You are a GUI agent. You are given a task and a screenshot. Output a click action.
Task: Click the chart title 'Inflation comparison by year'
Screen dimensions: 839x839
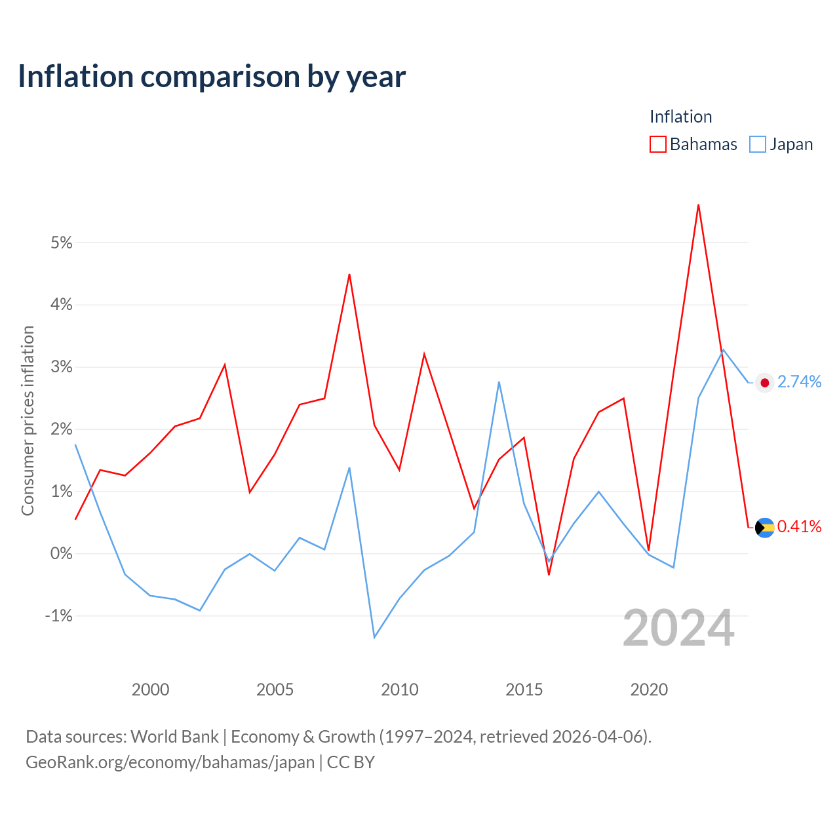click(x=212, y=77)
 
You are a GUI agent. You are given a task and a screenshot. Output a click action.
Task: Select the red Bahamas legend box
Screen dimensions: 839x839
click(x=657, y=144)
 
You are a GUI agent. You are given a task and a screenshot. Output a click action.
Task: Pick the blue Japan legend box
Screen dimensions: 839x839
click(x=757, y=144)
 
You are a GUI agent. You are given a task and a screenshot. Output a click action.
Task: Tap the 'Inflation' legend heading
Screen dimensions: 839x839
click(x=680, y=117)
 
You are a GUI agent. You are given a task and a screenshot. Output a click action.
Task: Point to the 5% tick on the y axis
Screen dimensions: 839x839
click(x=62, y=243)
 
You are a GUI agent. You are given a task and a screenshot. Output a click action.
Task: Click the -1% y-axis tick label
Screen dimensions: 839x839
click(x=59, y=615)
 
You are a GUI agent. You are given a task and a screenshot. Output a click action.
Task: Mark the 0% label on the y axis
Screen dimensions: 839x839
click(x=62, y=553)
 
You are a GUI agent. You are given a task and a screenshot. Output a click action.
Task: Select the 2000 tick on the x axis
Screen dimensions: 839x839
click(x=150, y=690)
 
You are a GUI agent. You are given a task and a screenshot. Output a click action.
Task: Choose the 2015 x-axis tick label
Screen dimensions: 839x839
click(x=524, y=690)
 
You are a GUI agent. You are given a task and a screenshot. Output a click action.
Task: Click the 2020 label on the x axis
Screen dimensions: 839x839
click(x=649, y=690)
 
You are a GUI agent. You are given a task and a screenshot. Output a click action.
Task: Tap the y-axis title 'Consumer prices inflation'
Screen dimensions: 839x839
click(x=28, y=421)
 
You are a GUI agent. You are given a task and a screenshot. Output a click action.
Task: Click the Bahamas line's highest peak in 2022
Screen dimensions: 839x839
click(x=698, y=205)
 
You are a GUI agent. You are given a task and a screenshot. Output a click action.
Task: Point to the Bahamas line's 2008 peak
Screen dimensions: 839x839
click(x=349, y=275)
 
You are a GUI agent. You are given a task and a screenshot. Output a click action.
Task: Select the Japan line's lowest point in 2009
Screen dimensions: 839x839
click(x=374, y=638)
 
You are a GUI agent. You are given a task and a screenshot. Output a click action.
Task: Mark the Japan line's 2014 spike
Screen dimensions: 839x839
click(x=499, y=382)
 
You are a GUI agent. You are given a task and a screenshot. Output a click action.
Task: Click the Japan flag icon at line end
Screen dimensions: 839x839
click(x=764, y=383)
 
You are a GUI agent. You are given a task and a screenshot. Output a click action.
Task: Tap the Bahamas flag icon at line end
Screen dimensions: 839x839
click(x=764, y=528)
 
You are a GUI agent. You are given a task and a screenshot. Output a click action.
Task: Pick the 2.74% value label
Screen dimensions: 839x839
click(x=800, y=382)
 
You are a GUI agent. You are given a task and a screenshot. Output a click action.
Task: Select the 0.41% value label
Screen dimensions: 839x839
click(x=800, y=527)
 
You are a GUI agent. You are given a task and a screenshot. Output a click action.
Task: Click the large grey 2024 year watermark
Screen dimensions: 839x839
click(x=679, y=629)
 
